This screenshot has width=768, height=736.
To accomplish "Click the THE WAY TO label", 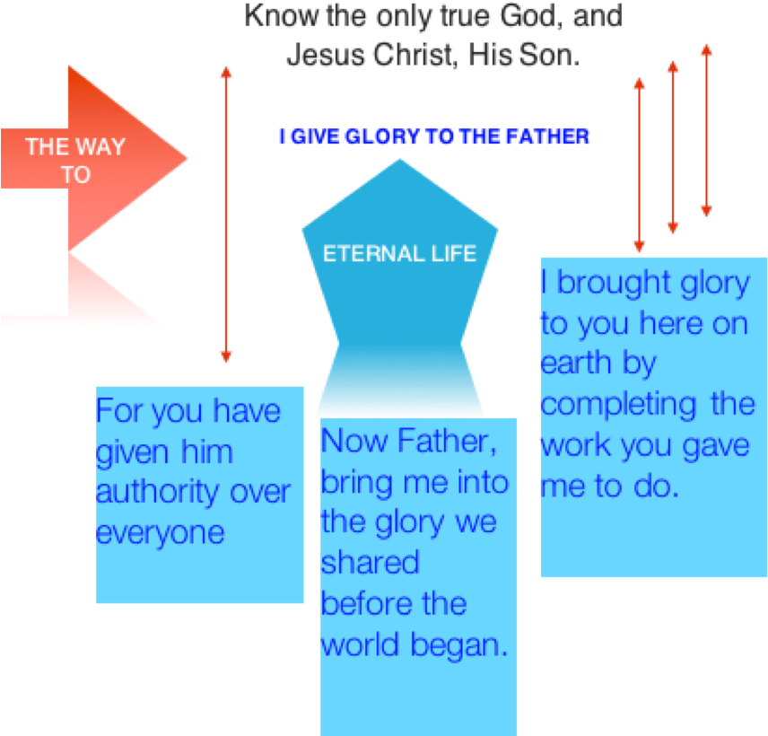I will pyautogui.click(x=75, y=160).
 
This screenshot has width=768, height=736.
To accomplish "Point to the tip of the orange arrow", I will pyautogui.click(x=186, y=160).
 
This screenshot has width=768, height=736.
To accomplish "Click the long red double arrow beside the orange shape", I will pyautogui.click(x=225, y=215).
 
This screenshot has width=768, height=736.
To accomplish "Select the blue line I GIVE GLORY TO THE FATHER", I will pyautogui.click(x=434, y=136).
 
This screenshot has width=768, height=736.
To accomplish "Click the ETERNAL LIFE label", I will pyautogui.click(x=399, y=253).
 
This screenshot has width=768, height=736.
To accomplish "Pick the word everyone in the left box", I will pyautogui.click(x=160, y=533).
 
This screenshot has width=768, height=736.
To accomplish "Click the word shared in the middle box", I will pyautogui.click(x=370, y=563).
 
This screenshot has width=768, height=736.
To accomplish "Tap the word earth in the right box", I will pyautogui.click(x=574, y=364).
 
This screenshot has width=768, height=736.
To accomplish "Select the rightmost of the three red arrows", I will pyautogui.click(x=706, y=130).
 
